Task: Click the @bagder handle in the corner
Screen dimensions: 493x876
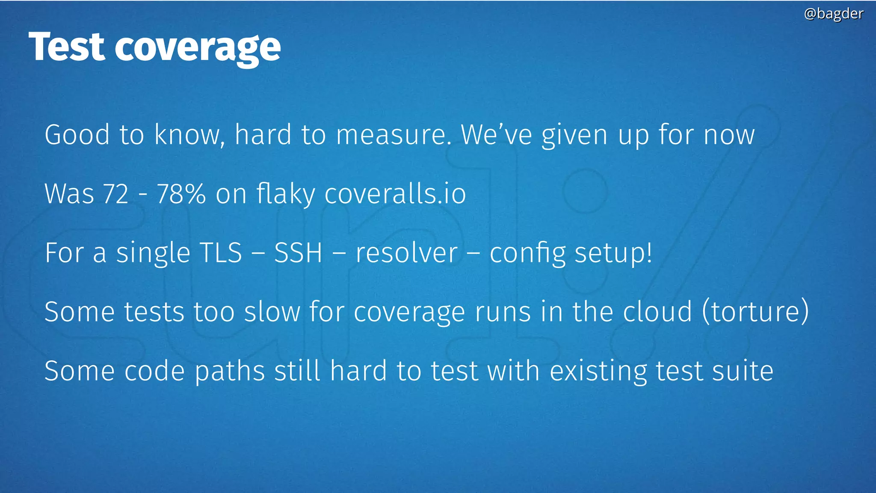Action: point(833,14)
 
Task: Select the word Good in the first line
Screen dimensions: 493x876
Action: point(77,135)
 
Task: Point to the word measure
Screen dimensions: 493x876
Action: point(393,135)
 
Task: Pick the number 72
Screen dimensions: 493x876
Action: point(115,194)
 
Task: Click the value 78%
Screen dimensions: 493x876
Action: point(181,194)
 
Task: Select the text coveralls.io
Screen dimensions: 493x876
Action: point(395,194)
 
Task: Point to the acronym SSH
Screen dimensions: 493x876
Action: point(298,252)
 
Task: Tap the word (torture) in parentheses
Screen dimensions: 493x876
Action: point(755,312)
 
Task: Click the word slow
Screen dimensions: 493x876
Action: point(272,312)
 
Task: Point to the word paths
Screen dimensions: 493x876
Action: point(230,371)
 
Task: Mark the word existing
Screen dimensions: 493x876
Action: point(598,371)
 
